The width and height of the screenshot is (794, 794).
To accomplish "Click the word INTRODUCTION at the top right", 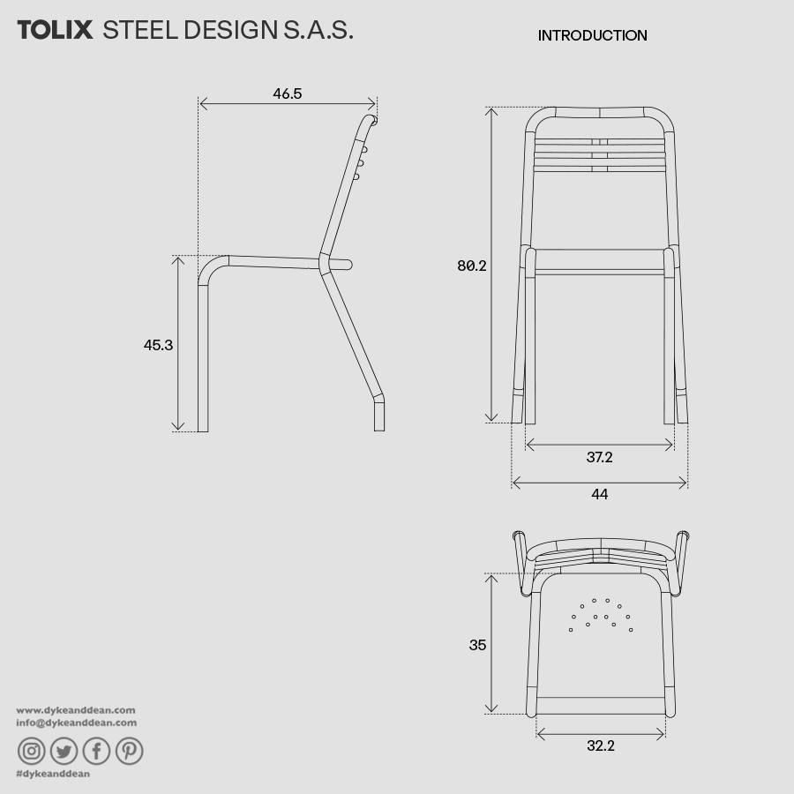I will tap(592, 35).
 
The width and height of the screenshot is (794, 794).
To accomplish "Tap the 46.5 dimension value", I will tap(288, 94).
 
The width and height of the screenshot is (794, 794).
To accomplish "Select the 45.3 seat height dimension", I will tap(158, 345).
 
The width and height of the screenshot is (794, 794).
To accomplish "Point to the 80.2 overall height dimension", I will tap(472, 265).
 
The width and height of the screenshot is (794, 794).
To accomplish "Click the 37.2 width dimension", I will tap(599, 457).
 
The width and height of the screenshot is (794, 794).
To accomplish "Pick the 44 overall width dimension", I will tap(599, 494).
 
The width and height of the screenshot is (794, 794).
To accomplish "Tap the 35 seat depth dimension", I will tap(477, 645).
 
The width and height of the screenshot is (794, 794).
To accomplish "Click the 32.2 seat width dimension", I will tap(600, 745).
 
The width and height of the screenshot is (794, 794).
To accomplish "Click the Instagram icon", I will tap(32, 751).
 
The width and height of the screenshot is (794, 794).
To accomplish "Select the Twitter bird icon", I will tap(64, 751).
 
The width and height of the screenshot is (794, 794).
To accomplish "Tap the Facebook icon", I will tap(96, 751).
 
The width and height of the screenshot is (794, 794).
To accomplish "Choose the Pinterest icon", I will tap(129, 751).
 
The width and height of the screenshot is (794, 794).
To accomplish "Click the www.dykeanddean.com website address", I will tap(76, 709).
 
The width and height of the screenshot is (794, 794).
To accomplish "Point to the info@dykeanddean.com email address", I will tap(77, 723).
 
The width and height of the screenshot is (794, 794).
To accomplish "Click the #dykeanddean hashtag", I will tap(53, 774).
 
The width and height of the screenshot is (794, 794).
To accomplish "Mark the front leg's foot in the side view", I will tap(203, 426).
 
